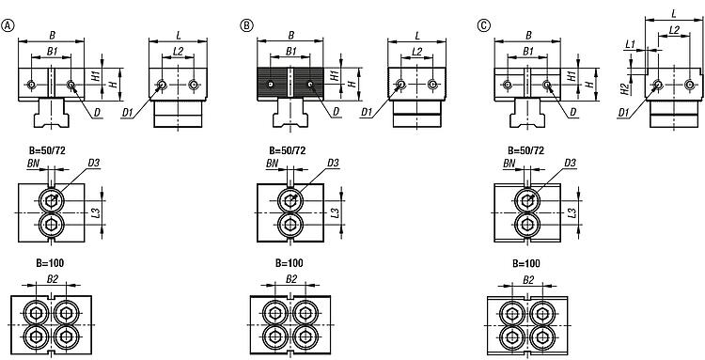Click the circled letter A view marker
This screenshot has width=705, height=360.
point(8,25)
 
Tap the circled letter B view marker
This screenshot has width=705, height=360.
point(246,25)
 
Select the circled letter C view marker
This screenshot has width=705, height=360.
point(484,25)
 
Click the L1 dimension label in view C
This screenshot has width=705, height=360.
point(631,44)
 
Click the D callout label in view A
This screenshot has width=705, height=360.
point(98,113)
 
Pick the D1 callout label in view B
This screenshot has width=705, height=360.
point(366,113)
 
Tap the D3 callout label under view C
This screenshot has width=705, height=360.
point(571,163)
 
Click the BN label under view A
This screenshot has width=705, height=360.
point(33,164)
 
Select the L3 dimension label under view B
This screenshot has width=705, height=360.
point(335,212)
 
